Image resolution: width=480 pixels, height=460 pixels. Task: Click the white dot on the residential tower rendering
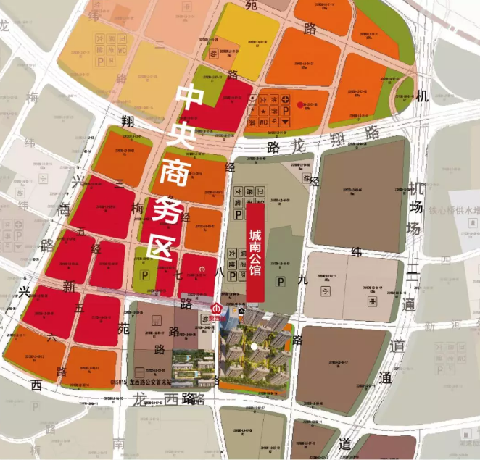(254, 347)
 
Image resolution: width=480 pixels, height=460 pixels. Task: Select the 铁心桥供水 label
(455, 212)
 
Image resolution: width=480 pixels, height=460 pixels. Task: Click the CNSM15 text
(116, 380)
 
